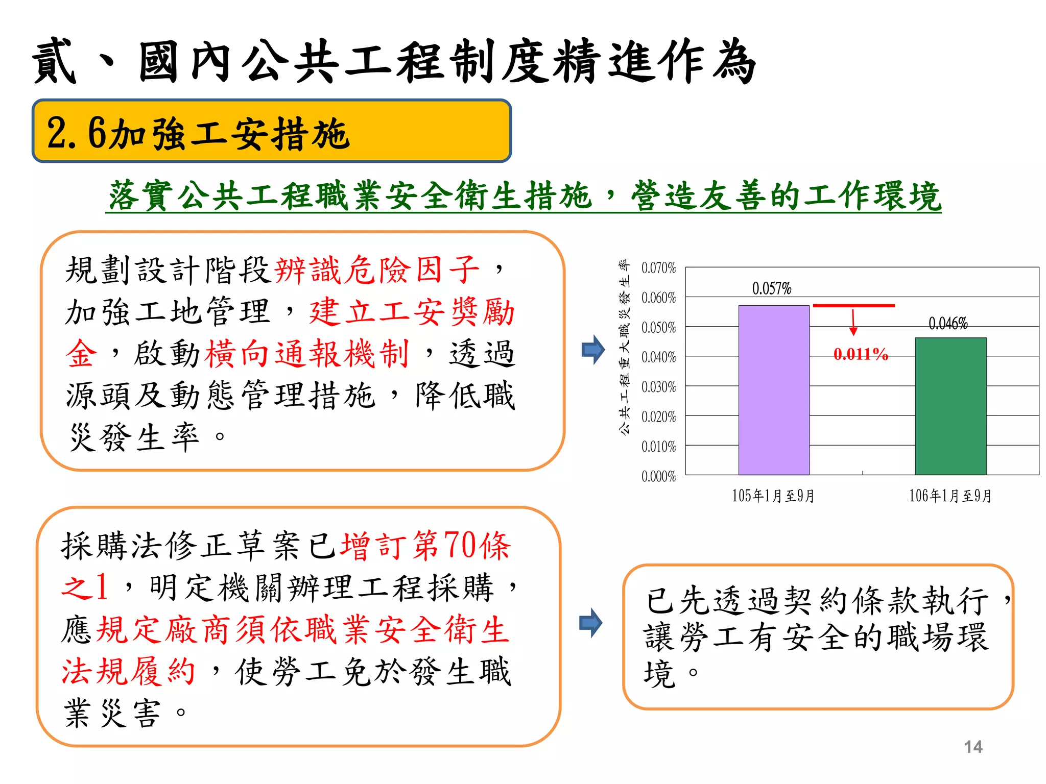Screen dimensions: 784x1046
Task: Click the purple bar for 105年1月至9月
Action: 774,390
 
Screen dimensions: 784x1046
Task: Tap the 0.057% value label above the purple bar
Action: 771,288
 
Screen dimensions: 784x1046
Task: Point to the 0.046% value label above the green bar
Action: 948,323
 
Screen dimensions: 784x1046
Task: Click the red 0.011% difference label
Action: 861,354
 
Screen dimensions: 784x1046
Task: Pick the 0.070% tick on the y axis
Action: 658,267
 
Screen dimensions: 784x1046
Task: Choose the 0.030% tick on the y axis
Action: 658,387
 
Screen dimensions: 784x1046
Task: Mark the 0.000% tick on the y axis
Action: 658,476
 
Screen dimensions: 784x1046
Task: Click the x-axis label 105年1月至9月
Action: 773,496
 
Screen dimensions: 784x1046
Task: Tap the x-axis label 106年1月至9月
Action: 950,496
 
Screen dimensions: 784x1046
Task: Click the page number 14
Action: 973,747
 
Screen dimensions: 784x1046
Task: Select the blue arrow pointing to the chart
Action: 593,350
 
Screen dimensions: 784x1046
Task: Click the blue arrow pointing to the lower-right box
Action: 590,623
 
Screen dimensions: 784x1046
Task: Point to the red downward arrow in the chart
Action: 853,323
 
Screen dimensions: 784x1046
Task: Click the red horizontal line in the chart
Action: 853,306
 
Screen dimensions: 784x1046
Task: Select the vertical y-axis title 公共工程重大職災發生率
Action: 624,347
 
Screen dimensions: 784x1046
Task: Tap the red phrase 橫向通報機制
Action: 306,353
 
